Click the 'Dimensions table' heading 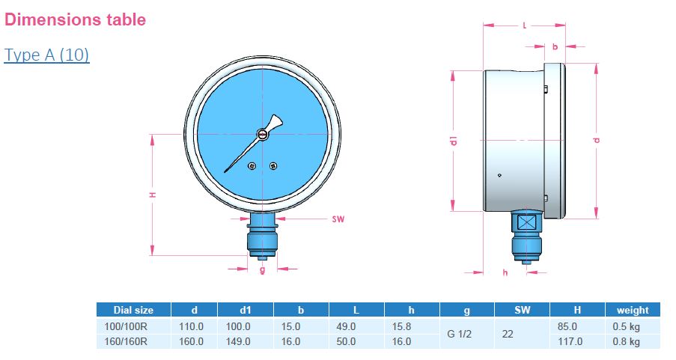(75, 19)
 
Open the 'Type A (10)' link (46, 55)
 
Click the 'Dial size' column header (133, 310)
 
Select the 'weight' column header (633, 310)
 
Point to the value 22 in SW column (508, 334)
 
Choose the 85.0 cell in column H (567, 326)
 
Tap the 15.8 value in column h (401, 326)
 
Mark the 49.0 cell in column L (347, 326)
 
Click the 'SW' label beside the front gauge (338, 220)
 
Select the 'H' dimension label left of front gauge (152, 195)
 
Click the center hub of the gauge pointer (263, 134)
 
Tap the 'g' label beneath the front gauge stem (262, 269)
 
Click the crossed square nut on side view (527, 222)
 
